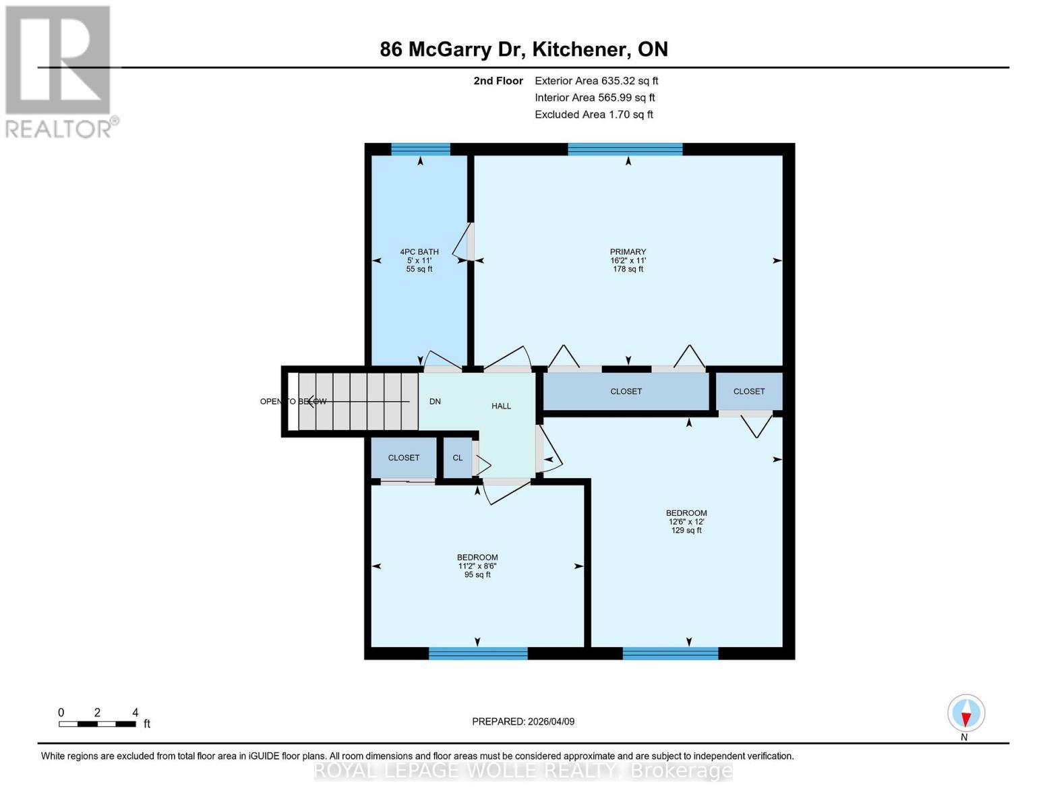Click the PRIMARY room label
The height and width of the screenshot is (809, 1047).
point(628,251)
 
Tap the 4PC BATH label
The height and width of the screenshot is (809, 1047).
point(419,251)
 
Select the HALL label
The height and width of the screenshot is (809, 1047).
point(501,406)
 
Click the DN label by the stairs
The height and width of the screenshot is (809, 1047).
point(435,401)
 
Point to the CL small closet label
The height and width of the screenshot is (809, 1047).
point(458,458)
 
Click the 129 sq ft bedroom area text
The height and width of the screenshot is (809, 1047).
point(686,531)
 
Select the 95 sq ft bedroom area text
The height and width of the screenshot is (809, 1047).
point(477,575)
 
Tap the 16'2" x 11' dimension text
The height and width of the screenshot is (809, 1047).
point(628,260)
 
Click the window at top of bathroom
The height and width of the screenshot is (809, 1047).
point(420,149)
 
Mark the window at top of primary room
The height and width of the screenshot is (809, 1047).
point(625,149)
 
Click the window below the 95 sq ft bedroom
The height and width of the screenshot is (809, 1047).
point(478,653)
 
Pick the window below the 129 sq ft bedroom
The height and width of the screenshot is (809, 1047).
point(670,653)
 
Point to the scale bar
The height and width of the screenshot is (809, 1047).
point(97,724)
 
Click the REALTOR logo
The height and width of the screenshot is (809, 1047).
point(59,71)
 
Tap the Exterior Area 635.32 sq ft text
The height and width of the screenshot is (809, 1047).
point(596,81)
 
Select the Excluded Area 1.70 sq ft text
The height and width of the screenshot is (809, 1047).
point(593,115)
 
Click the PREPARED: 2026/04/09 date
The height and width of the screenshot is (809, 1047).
point(523,721)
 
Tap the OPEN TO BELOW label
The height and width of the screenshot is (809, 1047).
point(293,402)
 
